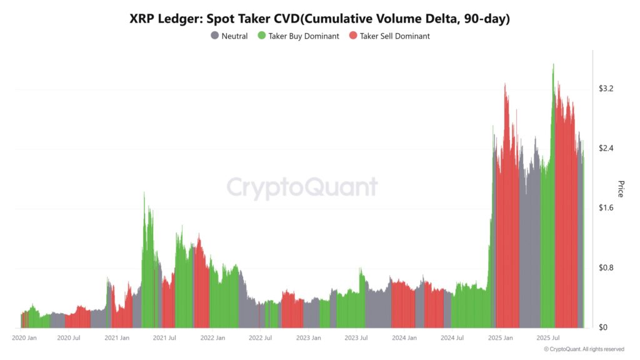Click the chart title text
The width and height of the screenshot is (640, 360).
pos(319,19)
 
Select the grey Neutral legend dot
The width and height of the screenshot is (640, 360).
pos(215,36)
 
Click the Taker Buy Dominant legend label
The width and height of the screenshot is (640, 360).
pos(303,36)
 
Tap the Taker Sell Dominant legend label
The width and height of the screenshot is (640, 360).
pos(394,36)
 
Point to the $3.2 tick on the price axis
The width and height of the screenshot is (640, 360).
pos(606,89)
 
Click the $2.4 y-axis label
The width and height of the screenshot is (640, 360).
pos(606,148)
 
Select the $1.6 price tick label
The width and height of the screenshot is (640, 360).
pos(606,208)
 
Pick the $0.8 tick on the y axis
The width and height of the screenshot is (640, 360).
pos(606,267)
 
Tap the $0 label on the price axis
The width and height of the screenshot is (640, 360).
pos(602,327)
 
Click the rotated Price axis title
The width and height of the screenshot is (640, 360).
pos(620,189)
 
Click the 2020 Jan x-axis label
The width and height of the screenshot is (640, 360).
pos(24,338)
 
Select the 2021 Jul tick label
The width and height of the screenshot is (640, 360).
pos(164,338)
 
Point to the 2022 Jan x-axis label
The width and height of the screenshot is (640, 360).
pos(212,338)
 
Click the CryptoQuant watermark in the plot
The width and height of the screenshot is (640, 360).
pos(302,187)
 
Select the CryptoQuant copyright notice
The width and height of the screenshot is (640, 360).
pos(584,349)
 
